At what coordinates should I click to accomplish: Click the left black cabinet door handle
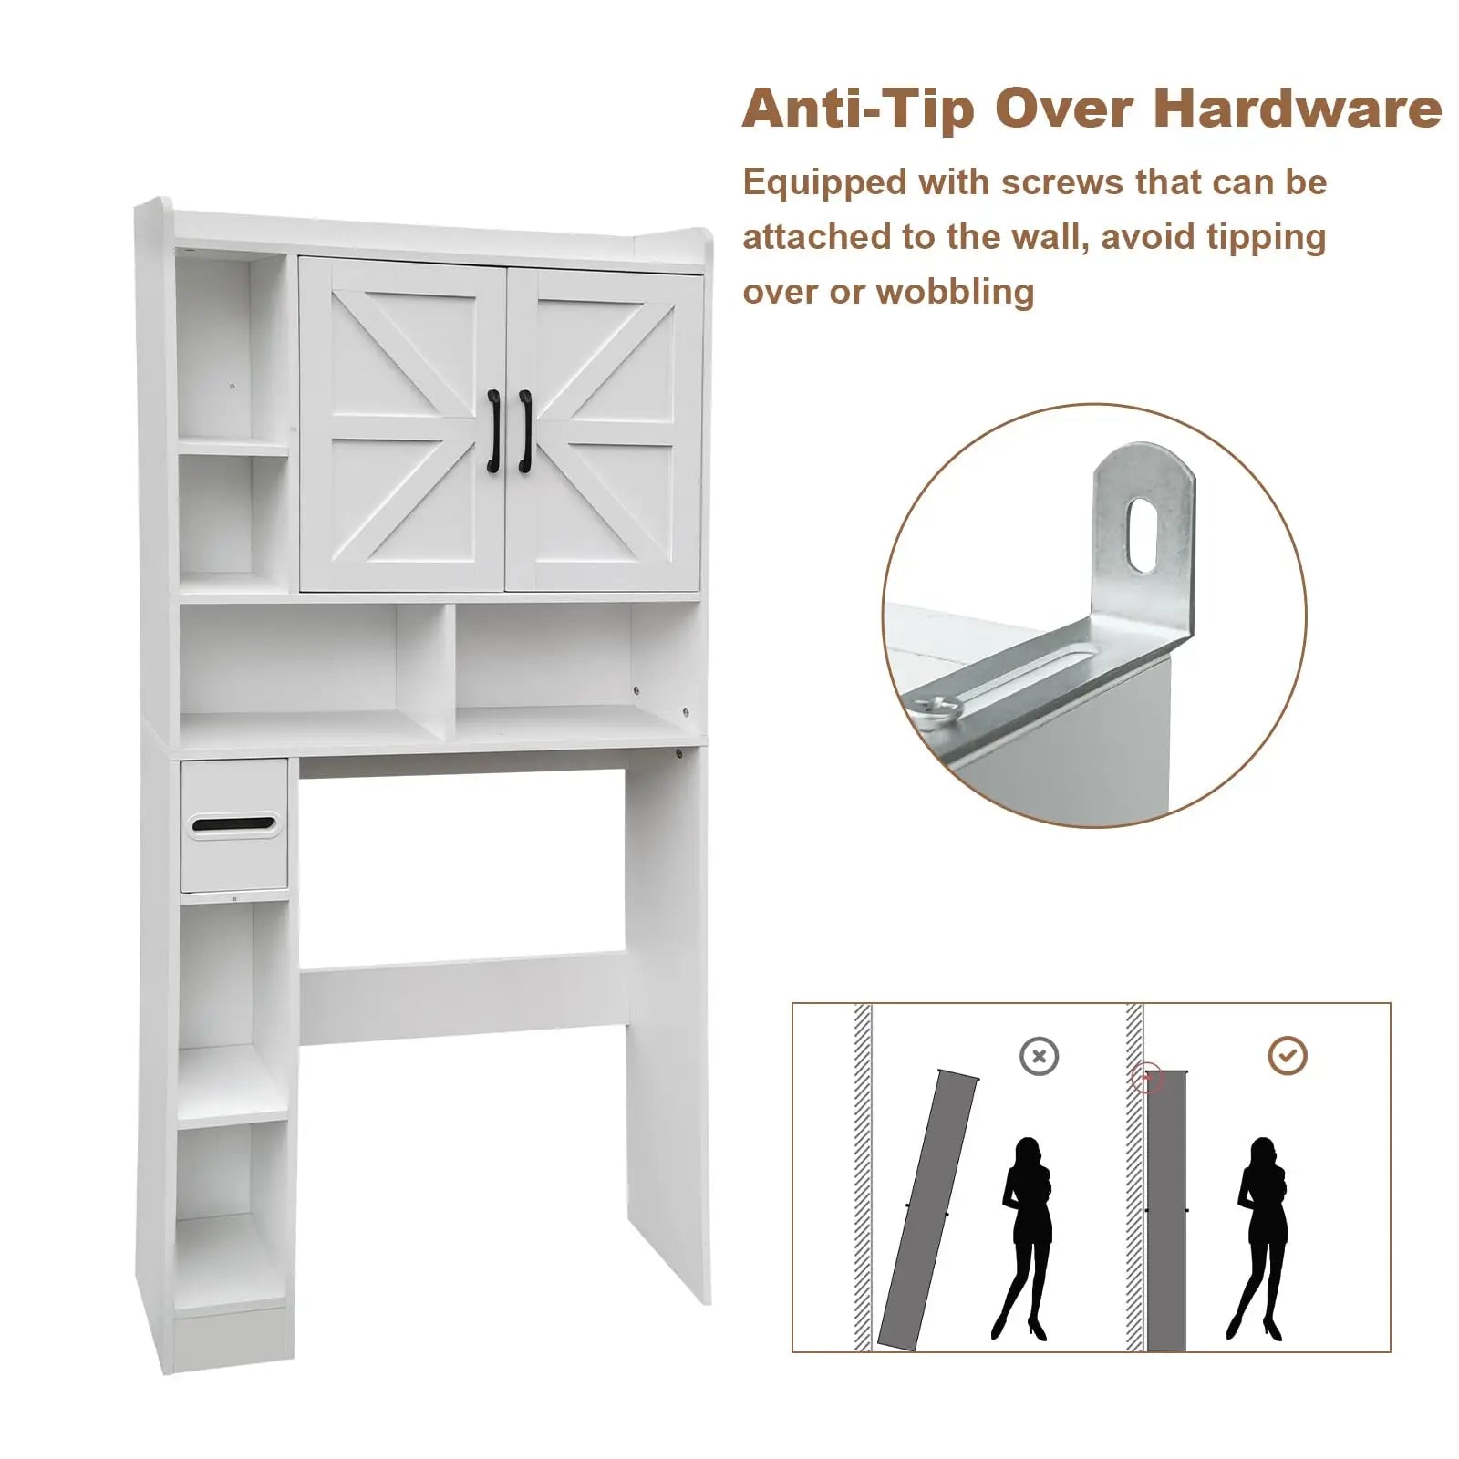pyautogui.click(x=493, y=431)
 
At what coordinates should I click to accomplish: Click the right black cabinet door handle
pyautogui.click(x=525, y=431)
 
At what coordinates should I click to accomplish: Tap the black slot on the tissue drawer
pyautogui.click(x=234, y=824)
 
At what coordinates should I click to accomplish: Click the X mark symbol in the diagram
pyautogui.click(x=1039, y=1057)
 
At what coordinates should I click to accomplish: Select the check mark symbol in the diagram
pyautogui.click(x=1288, y=1056)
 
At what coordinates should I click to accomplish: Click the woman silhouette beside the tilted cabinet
pyautogui.click(x=1025, y=1238)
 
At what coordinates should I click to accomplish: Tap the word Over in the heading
pyautogui.click(x=1062, y=109)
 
